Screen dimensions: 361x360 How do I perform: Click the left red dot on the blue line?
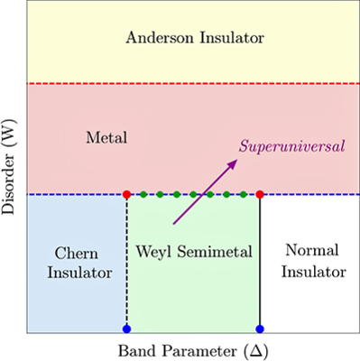point(127,194)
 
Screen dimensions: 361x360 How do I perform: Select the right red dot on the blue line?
point(260,194)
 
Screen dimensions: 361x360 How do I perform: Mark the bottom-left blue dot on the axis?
point(127,329)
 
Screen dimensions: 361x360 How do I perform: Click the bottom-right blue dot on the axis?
point(260,329)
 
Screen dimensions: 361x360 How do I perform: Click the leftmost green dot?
point(143,194)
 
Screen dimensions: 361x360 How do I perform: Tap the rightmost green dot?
point(244,194)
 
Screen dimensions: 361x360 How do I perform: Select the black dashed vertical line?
point(127,271)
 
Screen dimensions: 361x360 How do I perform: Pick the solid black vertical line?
point(260,289)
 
